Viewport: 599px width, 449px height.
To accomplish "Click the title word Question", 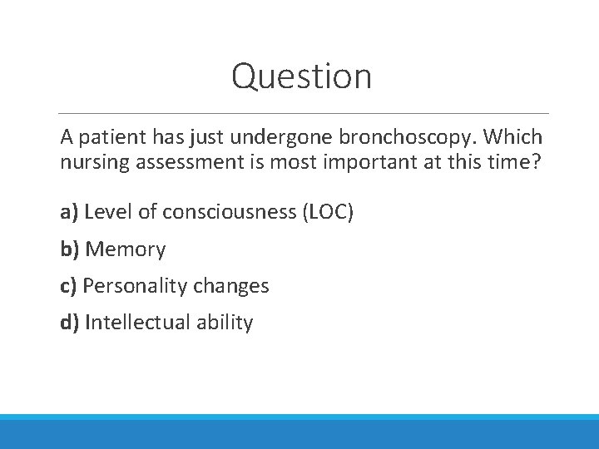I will [x=301, y=76].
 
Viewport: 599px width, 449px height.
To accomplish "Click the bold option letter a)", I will [x=70, y=213].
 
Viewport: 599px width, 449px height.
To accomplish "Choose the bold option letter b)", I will [x=71, y=249].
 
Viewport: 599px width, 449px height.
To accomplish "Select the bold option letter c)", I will [x=69, y=286].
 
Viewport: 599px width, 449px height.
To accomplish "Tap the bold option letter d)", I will [x=71, y=323].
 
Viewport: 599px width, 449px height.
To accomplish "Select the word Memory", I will [x=126, y=249].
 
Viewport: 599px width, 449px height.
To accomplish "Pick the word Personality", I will [x=136, y=286].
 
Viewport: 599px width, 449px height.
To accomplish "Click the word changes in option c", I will [x=231, y=286].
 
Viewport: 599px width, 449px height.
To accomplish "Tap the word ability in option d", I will [x=225, y=323].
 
